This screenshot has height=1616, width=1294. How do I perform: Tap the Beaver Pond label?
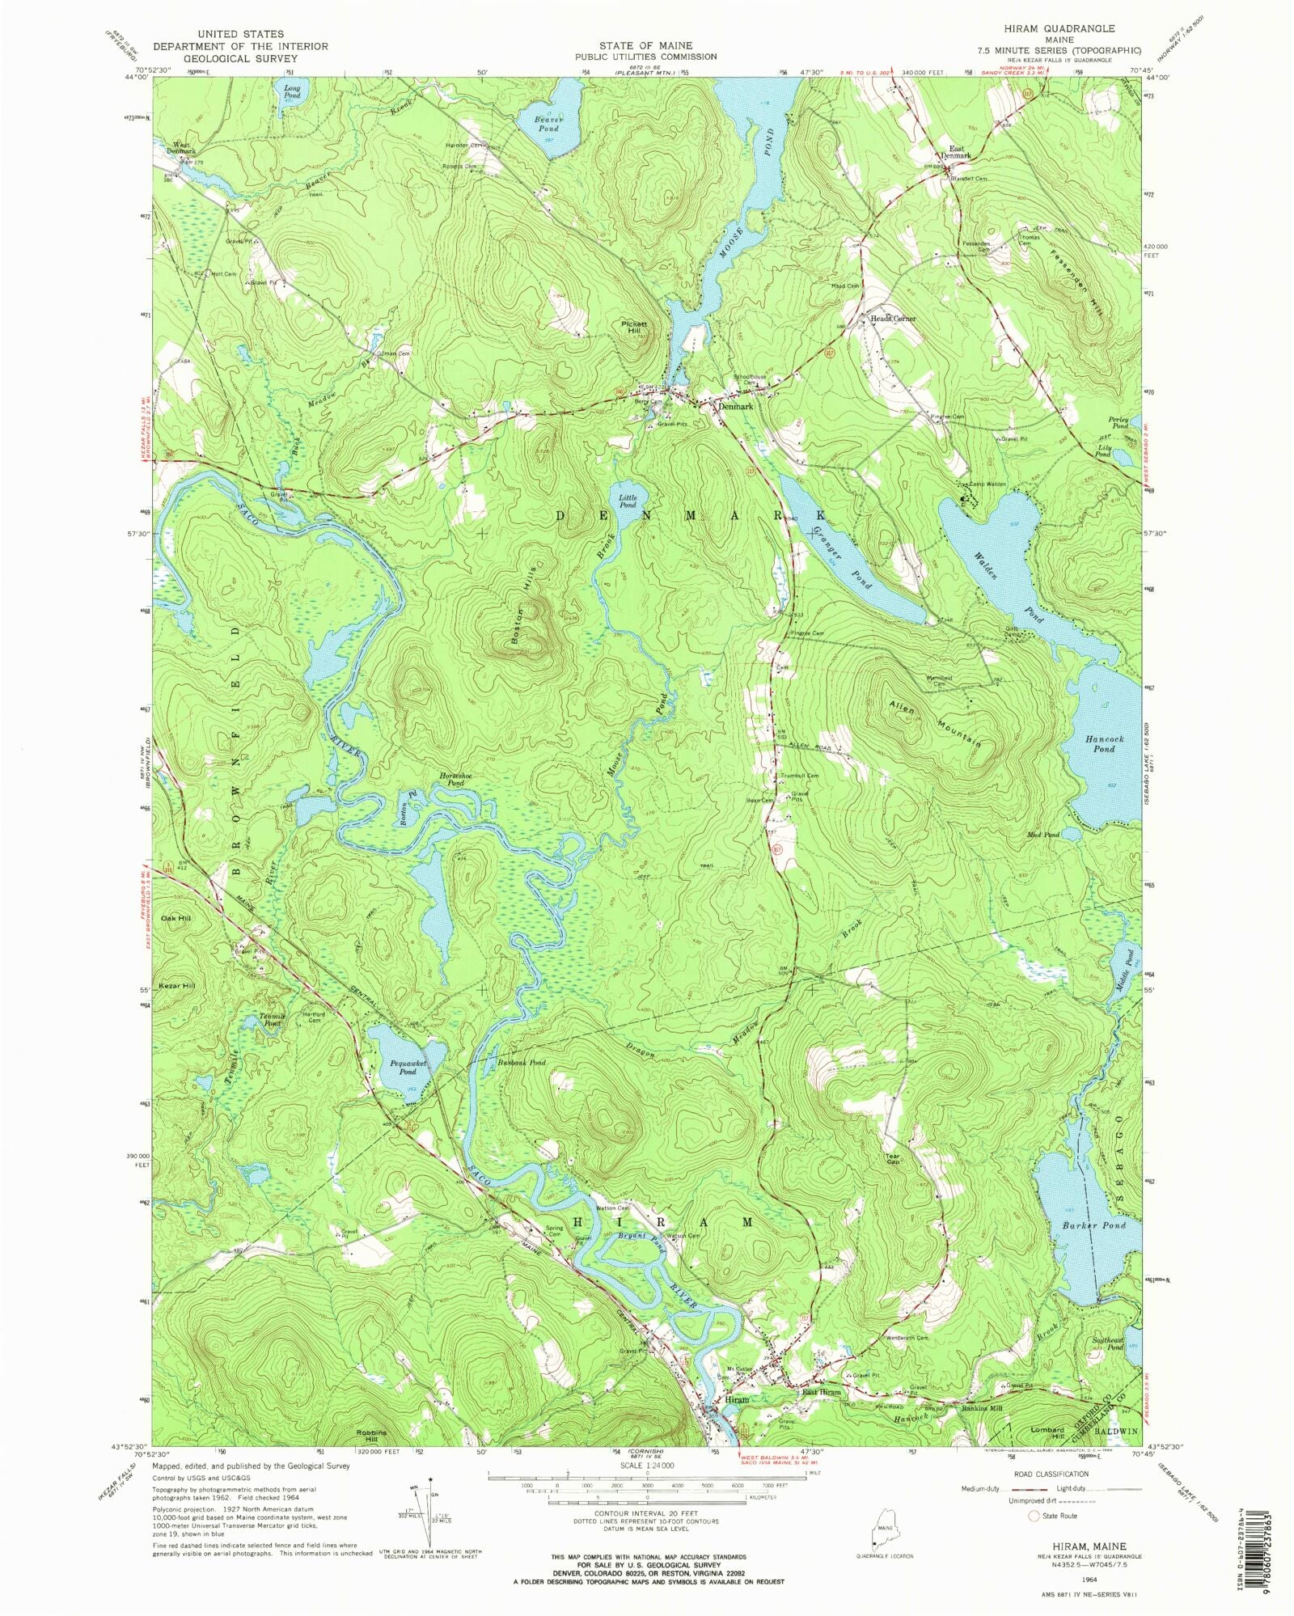(x=548, y=124)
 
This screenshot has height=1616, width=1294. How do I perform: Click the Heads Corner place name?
(x=893, y=319)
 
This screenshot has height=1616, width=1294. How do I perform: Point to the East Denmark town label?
(x=956, y=151)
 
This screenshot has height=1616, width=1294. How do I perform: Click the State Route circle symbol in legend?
(x=1034, y=1517)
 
